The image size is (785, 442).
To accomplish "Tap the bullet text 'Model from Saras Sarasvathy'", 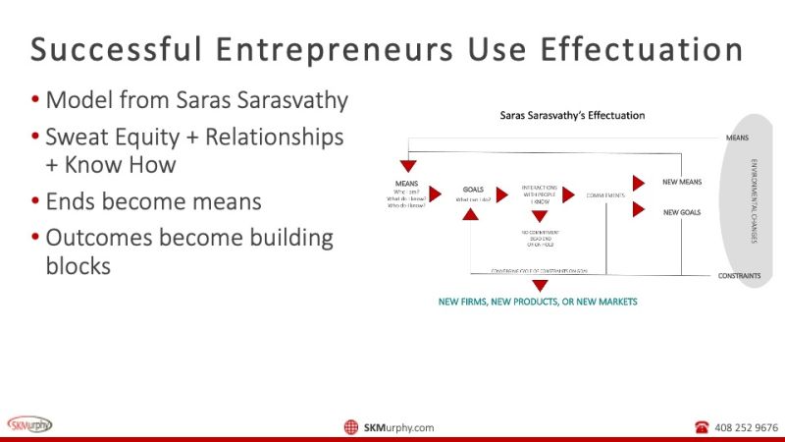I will (196, 99).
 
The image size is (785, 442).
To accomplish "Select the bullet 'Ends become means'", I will (153, 201).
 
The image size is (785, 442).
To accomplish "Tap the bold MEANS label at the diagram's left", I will (407, 183).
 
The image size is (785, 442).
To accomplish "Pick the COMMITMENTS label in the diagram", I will (605, 194).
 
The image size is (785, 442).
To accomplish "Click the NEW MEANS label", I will (681, 182).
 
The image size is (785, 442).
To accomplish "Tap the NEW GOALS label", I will (681, 211).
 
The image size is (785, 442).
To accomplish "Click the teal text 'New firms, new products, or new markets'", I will (538, 302).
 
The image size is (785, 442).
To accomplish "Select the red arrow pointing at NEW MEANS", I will (639, 183).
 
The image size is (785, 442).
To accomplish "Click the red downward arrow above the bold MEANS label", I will (408, 166).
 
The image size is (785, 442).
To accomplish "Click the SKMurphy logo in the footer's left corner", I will (30, 424).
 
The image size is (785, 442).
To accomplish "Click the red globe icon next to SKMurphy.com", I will (351, 427).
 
